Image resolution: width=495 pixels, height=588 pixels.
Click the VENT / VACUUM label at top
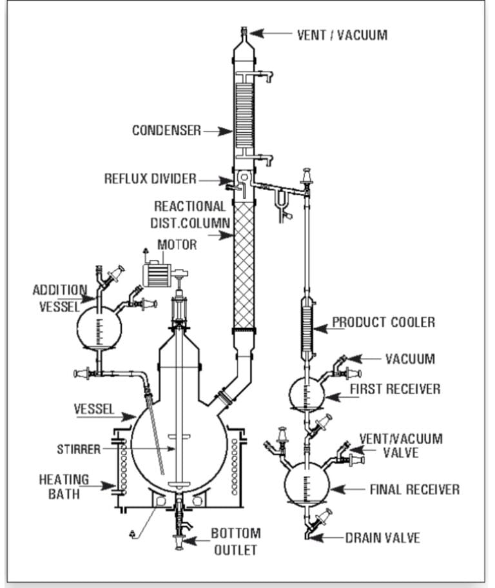tap(342, 35)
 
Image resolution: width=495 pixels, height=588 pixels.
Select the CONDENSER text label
tap(166, 130)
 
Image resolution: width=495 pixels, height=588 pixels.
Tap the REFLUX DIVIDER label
tap(150, 178)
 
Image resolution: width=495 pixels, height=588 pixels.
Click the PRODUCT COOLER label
tap(383, 322)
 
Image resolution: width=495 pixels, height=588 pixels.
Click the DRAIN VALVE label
tap(382, 538)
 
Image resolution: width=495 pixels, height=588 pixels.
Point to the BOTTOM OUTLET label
tap(235, 541)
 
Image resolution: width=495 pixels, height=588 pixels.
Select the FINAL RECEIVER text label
tap(414, 489)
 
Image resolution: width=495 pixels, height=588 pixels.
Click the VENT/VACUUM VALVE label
tap(400, 445)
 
